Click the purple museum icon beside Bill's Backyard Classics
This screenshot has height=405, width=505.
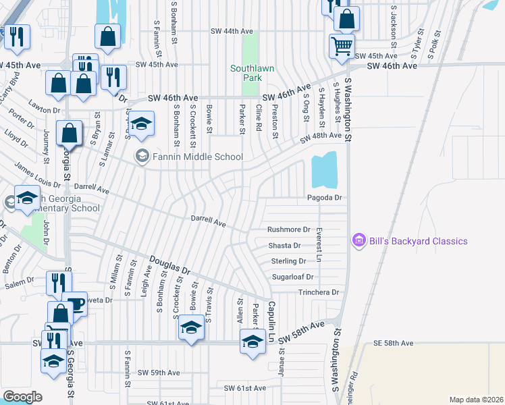(x=358, y=240)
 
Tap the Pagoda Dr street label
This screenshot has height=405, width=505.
(x=325, y=198)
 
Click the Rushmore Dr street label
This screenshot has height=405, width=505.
(x=288, y=230)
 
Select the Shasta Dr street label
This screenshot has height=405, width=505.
(x=284, y=246)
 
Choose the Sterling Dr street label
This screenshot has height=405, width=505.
(x=288, y=261)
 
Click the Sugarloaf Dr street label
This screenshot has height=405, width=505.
(x=292, y=277)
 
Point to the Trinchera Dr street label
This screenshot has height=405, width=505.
(x=319, y=292)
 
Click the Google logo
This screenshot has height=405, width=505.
(x=22, y=397)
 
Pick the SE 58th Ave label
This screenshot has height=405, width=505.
(x=393, y=344)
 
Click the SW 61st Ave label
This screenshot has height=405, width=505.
(x=246, y=388)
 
